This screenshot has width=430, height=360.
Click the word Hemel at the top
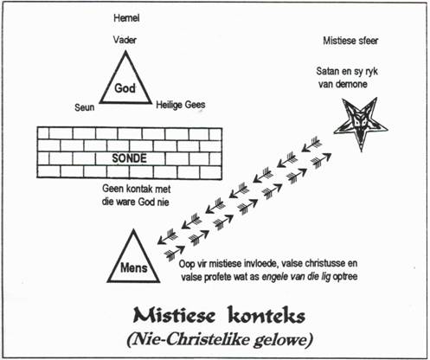[x=126, y=18]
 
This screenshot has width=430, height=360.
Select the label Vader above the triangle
[x=125, y=40]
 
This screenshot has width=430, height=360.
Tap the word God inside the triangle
[x=125, y=88]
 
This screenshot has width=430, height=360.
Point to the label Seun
[x=85, y=107]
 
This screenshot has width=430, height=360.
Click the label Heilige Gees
[x=181, y=105]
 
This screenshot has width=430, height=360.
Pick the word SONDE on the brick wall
[x=129, y=158]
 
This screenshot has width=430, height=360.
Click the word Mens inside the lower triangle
[x=134, y=268]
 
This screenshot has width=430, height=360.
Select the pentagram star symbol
[x=361, y=123]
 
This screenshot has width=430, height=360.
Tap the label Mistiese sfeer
[x=350, y=41]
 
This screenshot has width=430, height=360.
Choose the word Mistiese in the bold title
[x=174, y=315]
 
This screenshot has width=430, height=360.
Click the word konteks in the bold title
[x=266, y=315]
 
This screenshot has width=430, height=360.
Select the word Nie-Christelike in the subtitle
[x=189, y=339]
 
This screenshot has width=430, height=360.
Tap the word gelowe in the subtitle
[x=284, y=340]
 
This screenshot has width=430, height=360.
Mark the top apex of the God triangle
[x=125, y=51]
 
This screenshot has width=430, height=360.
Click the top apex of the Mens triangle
[x=133, y=230]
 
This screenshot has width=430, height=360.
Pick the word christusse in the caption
[x=325, y=263]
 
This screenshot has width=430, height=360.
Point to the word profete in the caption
[x=218, y=277]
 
